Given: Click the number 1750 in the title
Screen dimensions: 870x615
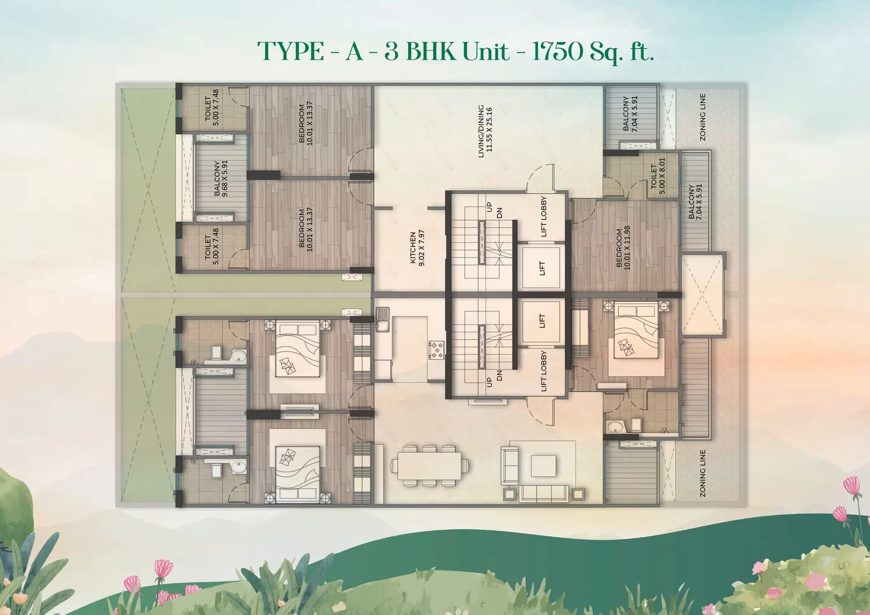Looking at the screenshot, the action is pyautogui.click(x=559, y=51).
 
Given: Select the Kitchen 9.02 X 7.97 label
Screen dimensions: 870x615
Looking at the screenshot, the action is pyautogui.click(x=417, y=248).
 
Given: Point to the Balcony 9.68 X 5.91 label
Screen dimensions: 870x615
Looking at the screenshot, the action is pyautogui.click(x=220, y=179).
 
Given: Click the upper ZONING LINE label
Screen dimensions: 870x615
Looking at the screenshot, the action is pyautogui.click(x=702, y=117).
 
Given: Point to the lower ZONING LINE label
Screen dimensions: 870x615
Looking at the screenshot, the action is pyautogui.click(x=702, y=474).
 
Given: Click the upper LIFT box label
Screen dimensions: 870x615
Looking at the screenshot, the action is pyautogui.click(x=542, y=268).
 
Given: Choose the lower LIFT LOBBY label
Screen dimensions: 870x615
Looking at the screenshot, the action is pyautogui.click(x=543, y=371).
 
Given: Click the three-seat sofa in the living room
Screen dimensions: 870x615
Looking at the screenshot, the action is pyautogui.click(x=546, y=493).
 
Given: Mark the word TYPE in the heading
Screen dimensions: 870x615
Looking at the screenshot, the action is pyautogui.click(x=290, y=51).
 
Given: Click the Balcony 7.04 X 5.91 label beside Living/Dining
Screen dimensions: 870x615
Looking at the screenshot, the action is pyautogui.click(x=630, y=114).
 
